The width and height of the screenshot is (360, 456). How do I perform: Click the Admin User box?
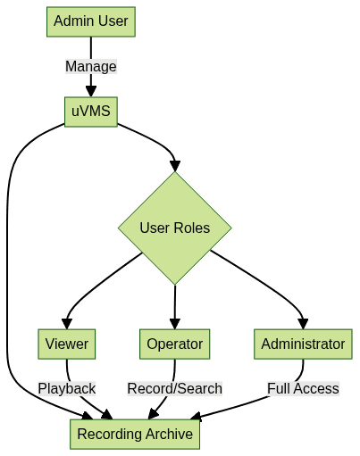click(91, 21)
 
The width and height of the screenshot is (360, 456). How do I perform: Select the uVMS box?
click(91, 112)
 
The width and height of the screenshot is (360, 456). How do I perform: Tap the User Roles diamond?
click(175, 228)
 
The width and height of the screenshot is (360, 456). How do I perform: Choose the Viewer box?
click(67, 344)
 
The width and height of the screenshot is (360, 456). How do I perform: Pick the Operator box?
click(175, 344)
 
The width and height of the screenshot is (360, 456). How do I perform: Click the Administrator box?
click(303, 344)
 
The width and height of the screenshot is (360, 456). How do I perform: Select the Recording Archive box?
click(135, 434)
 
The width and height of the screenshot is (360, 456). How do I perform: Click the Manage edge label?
click(91, 66)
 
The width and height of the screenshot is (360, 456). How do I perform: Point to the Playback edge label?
click(67, 388)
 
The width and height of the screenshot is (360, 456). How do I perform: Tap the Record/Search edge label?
click(175, 388)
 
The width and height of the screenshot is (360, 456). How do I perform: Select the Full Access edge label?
click(303, 388)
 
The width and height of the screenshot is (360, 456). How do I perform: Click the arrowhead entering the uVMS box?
click(91, 91)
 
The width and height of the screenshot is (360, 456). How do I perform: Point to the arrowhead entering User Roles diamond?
click(175, 166)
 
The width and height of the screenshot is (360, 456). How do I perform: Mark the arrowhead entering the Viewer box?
click(67, 324)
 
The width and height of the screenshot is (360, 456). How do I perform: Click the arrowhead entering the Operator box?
click(175, 324)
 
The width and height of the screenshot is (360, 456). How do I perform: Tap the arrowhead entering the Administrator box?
click(303, 324)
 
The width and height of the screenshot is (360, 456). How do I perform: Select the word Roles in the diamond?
click(192, 228)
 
